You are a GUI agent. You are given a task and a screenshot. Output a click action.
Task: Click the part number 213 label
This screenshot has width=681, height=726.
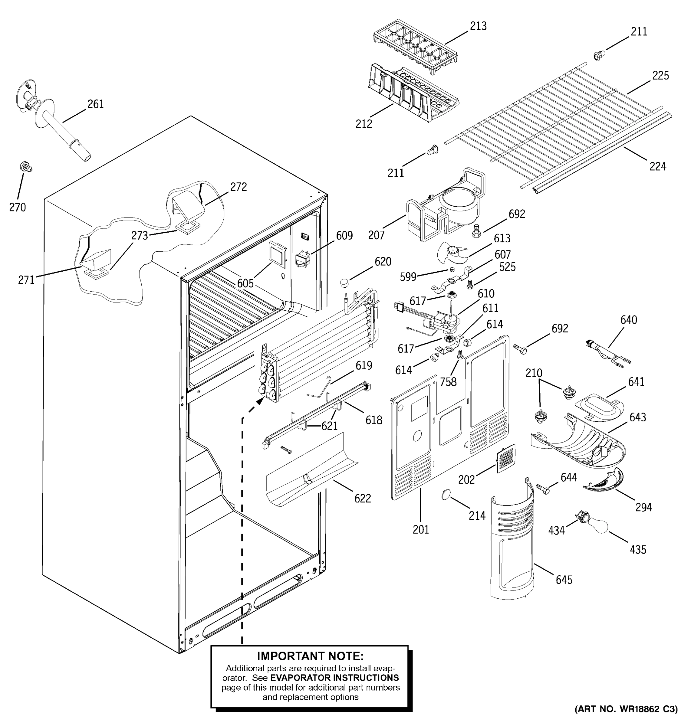(x=478, y=26)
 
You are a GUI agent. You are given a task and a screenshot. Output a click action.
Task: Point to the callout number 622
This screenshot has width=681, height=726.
(x=362, y=498)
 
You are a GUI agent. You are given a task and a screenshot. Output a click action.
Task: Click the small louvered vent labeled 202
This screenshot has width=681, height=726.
(x=506, y=458)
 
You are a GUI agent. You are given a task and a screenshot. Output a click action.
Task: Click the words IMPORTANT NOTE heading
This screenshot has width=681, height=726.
(x=310, y=656)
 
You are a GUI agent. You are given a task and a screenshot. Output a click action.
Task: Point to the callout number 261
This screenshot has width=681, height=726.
(x=95, y=104)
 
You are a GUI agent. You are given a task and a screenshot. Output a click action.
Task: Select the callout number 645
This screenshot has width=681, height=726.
(x=564, y=580)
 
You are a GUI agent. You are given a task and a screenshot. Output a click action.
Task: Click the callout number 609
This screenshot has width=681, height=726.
(x=344, y=236)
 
